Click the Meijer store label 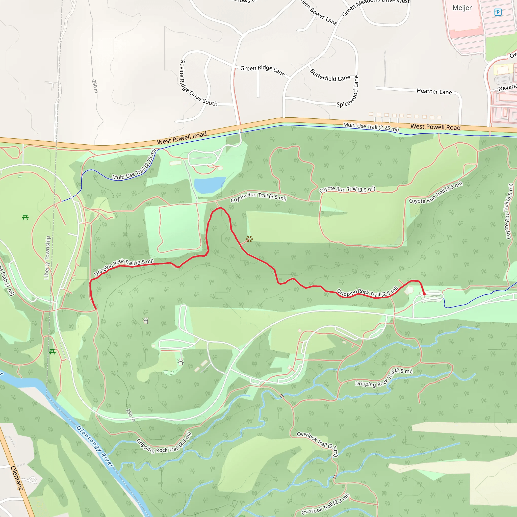click(462, 8)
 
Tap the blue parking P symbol click(498, 12)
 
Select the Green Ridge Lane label click(262, 70)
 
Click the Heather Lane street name click(434, 92)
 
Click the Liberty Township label click(47, 257)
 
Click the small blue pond click(209, 184)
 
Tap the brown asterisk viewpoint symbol click(249, 239)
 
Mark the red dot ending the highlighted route click(424, 294)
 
